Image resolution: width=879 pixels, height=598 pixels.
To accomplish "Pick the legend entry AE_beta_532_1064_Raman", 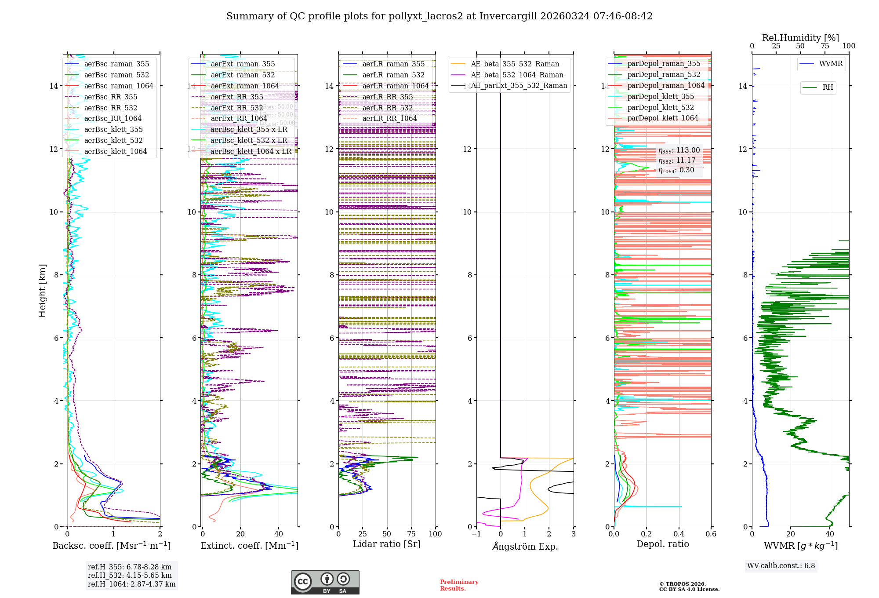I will point(517,75).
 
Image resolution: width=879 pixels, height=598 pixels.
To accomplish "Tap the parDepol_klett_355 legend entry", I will point(661,96).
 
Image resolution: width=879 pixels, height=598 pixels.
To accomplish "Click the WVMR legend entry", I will point(831,64).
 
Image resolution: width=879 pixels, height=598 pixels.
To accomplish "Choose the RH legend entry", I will point(828,88).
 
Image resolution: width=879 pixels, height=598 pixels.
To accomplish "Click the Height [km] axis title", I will point(42,290).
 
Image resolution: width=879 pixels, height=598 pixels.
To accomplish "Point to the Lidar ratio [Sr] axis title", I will point(387,544).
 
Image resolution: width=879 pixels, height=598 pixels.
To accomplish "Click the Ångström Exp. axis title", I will point(525,546).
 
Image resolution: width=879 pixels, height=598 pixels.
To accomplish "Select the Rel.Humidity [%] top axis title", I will point(800,38).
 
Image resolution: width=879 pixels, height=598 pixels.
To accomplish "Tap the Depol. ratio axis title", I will point(662,544).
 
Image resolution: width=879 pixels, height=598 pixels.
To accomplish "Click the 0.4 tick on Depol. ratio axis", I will point(679,534).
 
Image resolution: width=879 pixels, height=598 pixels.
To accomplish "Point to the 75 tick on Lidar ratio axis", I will point(411,534).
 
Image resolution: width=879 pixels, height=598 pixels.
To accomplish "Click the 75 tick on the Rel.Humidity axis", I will point(825,46).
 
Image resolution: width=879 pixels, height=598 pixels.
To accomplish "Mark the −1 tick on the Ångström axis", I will point(476,534).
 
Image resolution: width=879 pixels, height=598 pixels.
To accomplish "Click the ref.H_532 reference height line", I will point(130,575).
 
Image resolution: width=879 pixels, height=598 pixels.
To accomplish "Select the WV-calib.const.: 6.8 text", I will point(781,565).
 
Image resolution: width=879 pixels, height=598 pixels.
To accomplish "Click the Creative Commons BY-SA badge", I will point(325,582).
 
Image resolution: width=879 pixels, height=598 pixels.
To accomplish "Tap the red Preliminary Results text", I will point(459,585).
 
